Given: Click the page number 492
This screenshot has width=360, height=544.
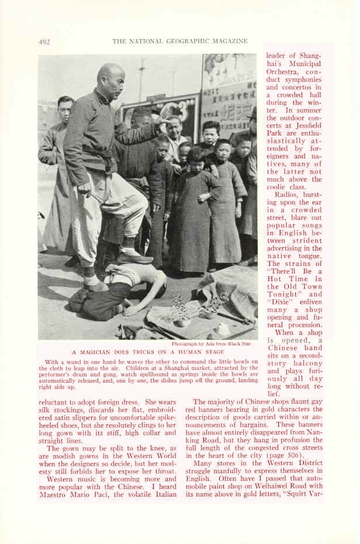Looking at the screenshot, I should pos(44,41).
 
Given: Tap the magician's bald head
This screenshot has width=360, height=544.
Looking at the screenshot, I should pos(110,75).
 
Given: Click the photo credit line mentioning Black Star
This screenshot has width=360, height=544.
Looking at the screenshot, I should pos(214,344).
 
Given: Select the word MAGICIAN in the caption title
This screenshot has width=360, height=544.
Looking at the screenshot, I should pos(97,352).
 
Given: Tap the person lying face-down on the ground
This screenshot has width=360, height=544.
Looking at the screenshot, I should pos(117,289).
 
